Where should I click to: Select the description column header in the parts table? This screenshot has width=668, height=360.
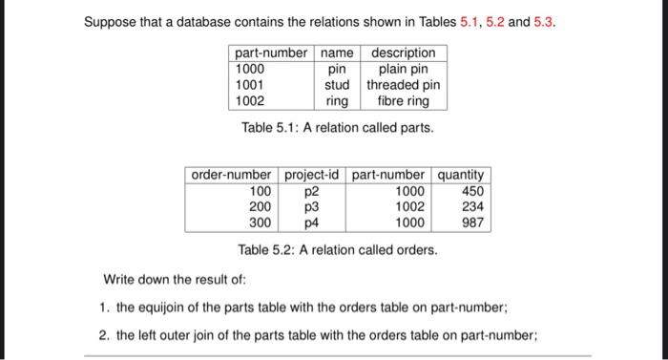coord(403,53)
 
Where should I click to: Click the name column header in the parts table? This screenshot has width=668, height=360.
coord(336,53)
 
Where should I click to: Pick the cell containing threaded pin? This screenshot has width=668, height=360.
coord(403,84)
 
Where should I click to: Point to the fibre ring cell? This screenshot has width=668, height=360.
coord(403,100)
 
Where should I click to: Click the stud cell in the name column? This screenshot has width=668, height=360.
coord(336,84)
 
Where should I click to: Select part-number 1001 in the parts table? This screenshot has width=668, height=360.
coord(250,84)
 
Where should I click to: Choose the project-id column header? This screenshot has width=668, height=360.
coord(312,175)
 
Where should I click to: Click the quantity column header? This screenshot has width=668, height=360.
coord(462,175)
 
